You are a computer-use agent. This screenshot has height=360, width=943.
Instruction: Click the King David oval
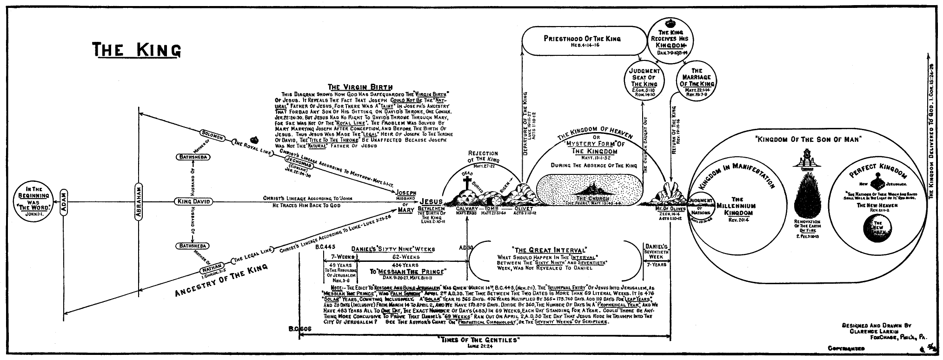(193, 201)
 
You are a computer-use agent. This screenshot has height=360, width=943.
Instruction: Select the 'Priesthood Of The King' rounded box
(582, 42)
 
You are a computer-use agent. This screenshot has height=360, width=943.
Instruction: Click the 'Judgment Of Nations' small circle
(701, 207)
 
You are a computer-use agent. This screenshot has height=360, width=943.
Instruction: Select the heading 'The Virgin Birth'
(359, 87)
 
